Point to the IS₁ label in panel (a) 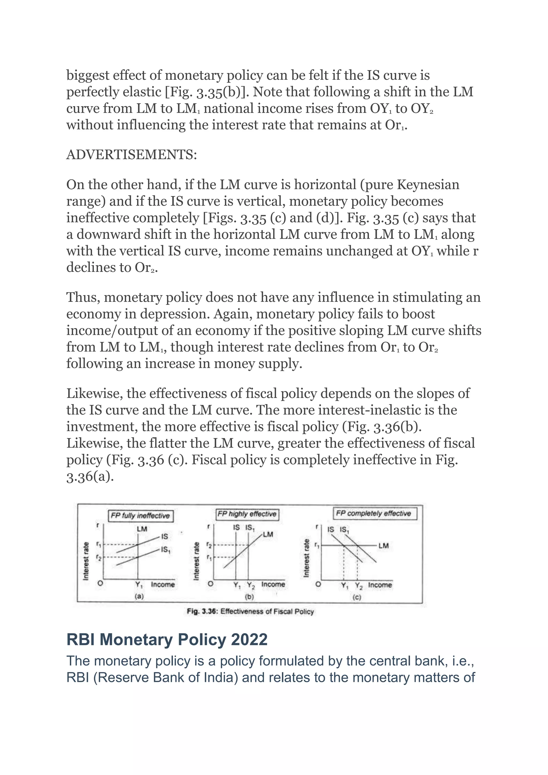[165, 559]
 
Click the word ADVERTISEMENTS [132, 155]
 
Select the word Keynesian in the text [428, 185]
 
